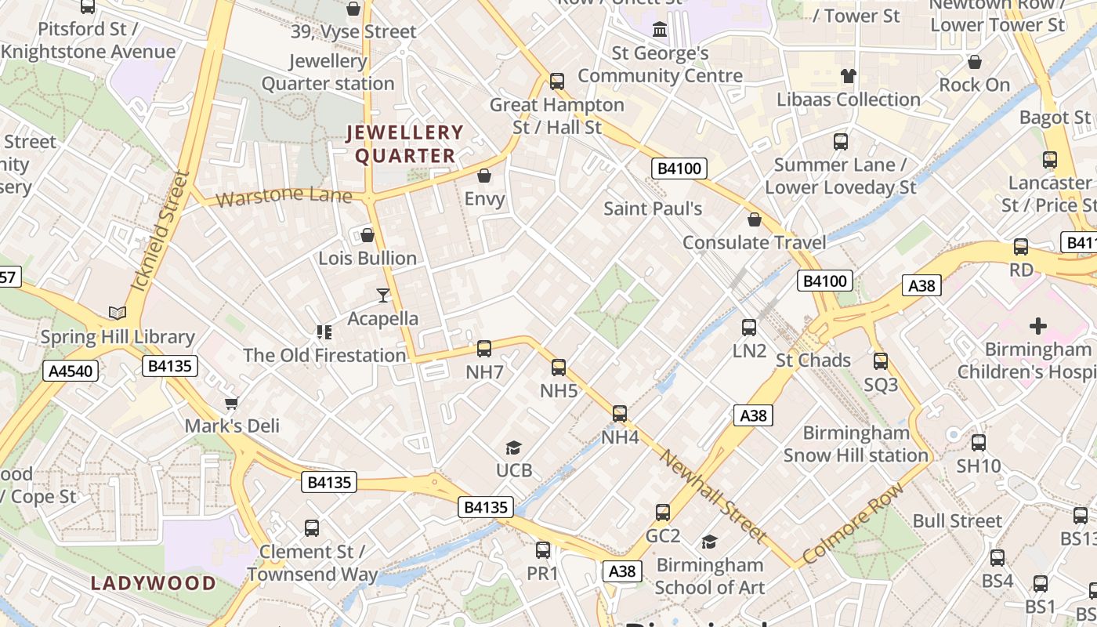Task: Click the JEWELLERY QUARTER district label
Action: (405, 144)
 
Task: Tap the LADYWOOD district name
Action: (153, 583)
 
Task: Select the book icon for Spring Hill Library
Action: (118, 313)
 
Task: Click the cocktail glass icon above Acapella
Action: (383, 295)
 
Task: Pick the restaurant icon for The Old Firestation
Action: (324, 332)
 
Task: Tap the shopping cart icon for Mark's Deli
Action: (231, 403)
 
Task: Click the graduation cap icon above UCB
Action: (513, 448)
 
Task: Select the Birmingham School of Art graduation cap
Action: (709, 542)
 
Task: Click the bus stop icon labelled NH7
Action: (484, 349)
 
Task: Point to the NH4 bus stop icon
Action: (620, 413)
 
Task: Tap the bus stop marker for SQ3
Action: (881, 361)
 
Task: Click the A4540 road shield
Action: (71, 371)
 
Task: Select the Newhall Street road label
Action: (712, 496)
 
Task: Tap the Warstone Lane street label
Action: (284, 196)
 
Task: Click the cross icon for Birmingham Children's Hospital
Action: (1038, 325)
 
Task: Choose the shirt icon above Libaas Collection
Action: (849, 76)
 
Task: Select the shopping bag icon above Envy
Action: (484, 176)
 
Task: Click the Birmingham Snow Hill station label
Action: (856, 444)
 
